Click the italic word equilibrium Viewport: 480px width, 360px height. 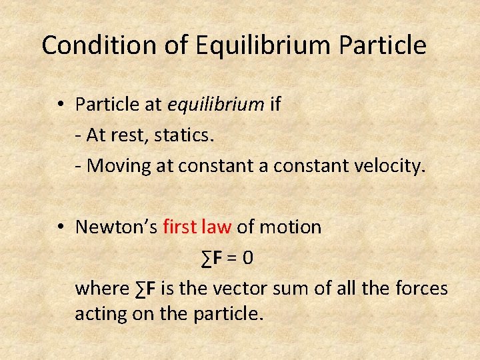click(216, 105)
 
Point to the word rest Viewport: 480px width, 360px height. click(131, 135)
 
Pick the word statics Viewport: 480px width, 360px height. click(183, 135)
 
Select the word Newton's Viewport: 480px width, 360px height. click(116, 227)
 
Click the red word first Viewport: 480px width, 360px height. click(180, 227)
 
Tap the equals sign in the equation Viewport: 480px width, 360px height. click(231, 257)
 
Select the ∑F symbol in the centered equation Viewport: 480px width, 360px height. click(213, 257)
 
